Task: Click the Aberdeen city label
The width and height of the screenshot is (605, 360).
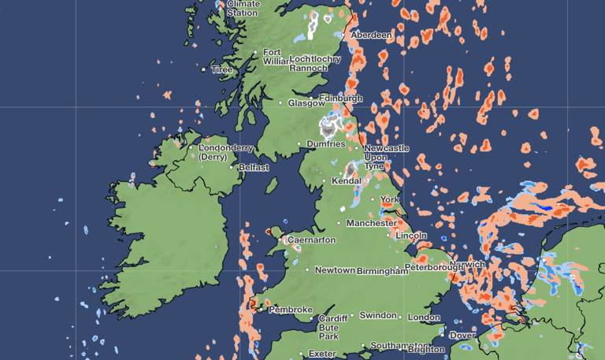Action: click(x=372, y=35)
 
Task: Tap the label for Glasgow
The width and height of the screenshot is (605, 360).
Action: click(x=306, y=103)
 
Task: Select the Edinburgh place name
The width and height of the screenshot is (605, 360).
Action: click(x=341, y=98)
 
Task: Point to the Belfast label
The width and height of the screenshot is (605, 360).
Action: click(x=254, y=168)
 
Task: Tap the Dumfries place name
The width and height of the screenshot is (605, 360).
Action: click(x=325, y=144)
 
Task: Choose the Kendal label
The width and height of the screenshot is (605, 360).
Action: click(x=347, y=181)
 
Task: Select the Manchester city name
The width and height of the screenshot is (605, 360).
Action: click(x=372, y=223)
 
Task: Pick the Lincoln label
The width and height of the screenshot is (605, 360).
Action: click(x=411, y=236)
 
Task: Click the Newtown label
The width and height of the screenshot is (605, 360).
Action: click(x=335, y=270)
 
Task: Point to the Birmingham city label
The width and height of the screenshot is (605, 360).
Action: click(x=383, y=271)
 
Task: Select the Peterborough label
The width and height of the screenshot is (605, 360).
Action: click(x=434, y=268)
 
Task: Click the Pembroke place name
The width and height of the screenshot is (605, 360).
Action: click(x=291, y=310)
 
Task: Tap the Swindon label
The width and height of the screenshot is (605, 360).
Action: click(x=378, y=316)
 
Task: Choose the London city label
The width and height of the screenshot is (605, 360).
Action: click(x=424, y=317)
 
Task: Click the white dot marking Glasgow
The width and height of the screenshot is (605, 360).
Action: click(x=280, y=102)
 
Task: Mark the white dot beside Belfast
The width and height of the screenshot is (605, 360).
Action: click(x=232, y=167)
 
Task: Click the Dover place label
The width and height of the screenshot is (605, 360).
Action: click(x=462, y=336)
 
